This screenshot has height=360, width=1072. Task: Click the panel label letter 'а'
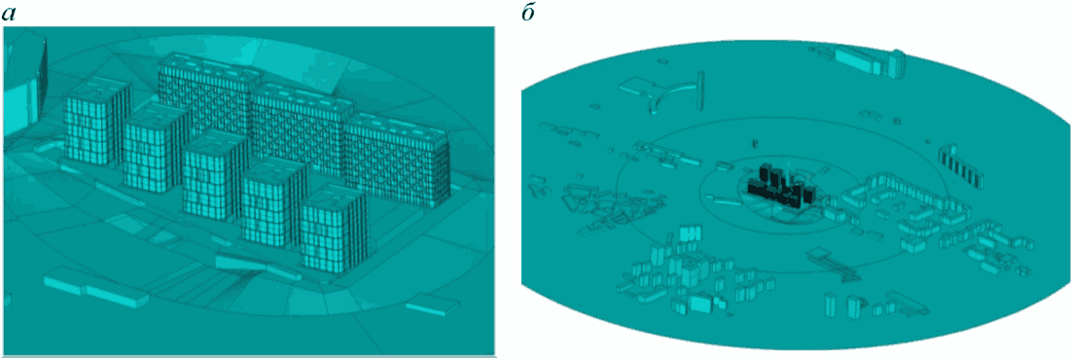click(10, 15)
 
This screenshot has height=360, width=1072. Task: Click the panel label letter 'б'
click(529, 14)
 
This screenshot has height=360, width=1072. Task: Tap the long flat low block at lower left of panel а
click(95, 291)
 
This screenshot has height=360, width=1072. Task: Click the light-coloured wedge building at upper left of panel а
click(25, 82)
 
